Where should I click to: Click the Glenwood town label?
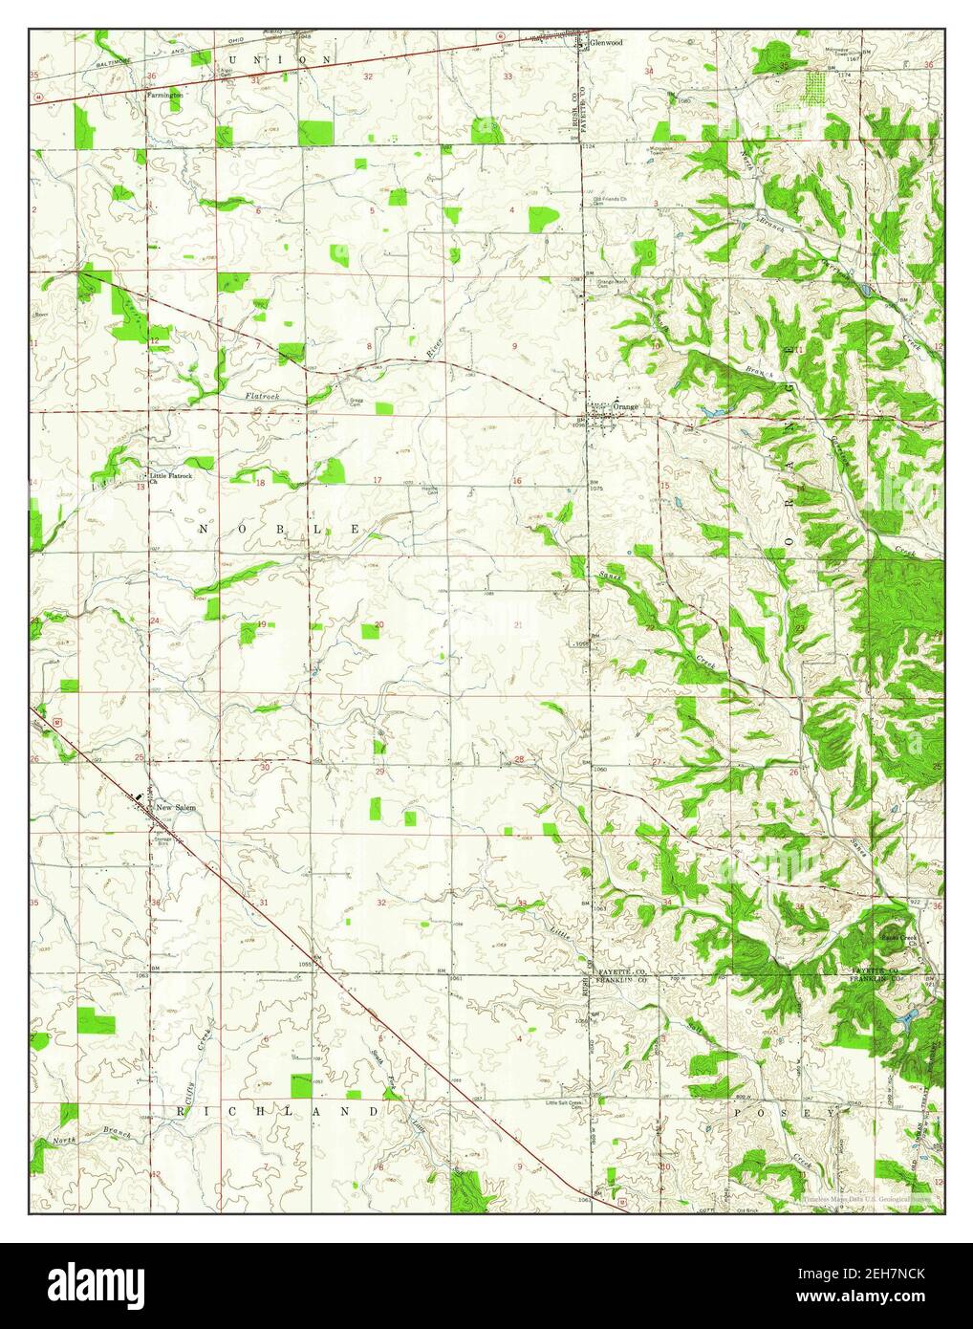pyautogui.click(x=606, y=43)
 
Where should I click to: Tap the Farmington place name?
pyautogui.click(x=164, y=96)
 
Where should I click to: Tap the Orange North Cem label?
pyautogui.click(x=612, y=283)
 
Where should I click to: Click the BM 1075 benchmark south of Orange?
pyautogui.click(x=595, y=485)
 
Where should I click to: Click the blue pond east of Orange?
pyautogui.click(x=712, y=412)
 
